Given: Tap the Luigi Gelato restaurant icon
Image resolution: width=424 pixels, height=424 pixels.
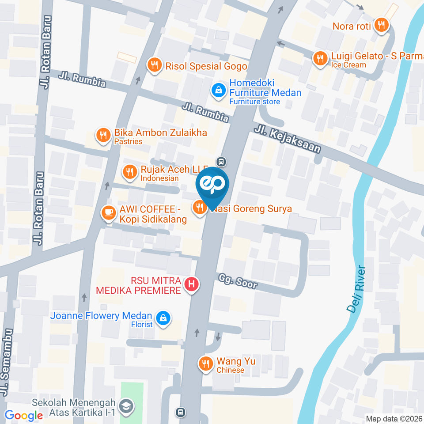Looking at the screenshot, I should tap(319, 58).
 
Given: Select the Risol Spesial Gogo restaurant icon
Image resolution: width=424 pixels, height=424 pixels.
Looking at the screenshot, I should tap(154, 66).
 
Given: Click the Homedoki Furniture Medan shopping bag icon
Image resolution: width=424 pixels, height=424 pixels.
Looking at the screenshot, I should tap(218, 91).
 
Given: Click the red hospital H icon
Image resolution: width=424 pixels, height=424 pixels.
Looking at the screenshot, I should tap(191, 285).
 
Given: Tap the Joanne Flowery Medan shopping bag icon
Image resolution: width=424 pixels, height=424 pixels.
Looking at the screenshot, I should tap(163, 318).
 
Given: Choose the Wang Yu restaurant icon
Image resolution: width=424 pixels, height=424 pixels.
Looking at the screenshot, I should tap(205, 364).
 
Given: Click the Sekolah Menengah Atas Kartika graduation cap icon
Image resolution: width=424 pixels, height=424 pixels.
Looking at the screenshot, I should tap(126, 407).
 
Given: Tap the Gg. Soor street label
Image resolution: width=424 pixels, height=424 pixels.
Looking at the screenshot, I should tap(238, 281).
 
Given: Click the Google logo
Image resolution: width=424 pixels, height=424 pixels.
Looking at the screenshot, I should tap(24, 416).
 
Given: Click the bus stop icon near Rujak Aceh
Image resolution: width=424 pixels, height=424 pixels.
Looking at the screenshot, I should tap(222, 162).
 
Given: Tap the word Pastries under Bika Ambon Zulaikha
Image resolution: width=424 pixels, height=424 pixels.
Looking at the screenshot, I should tap(128, 142).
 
